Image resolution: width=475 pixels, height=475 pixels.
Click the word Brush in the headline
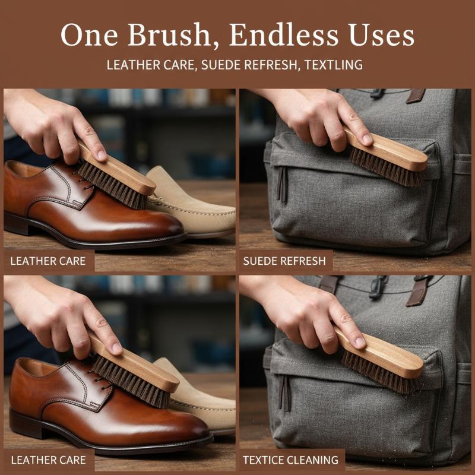click(x=169, y=35)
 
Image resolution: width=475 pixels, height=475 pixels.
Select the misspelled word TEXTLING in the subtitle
click(x=334, y=65)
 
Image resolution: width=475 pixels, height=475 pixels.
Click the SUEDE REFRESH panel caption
click(x=284, y=261)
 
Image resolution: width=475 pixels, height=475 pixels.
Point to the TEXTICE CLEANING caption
click(x=290, y=460)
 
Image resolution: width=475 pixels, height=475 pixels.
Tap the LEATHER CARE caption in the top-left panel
click(x=48, y=261)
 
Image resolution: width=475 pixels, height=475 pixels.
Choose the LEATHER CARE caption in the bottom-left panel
click(x=49, y=460)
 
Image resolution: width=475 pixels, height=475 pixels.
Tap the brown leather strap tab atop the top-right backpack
click(x=416, y=96)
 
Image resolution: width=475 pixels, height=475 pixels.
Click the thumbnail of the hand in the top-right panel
click(x=367, y=139)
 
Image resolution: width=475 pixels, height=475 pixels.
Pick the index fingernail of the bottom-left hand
click(x=116, y=349)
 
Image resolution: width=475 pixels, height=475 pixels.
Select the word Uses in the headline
click(x=381, y=34)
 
